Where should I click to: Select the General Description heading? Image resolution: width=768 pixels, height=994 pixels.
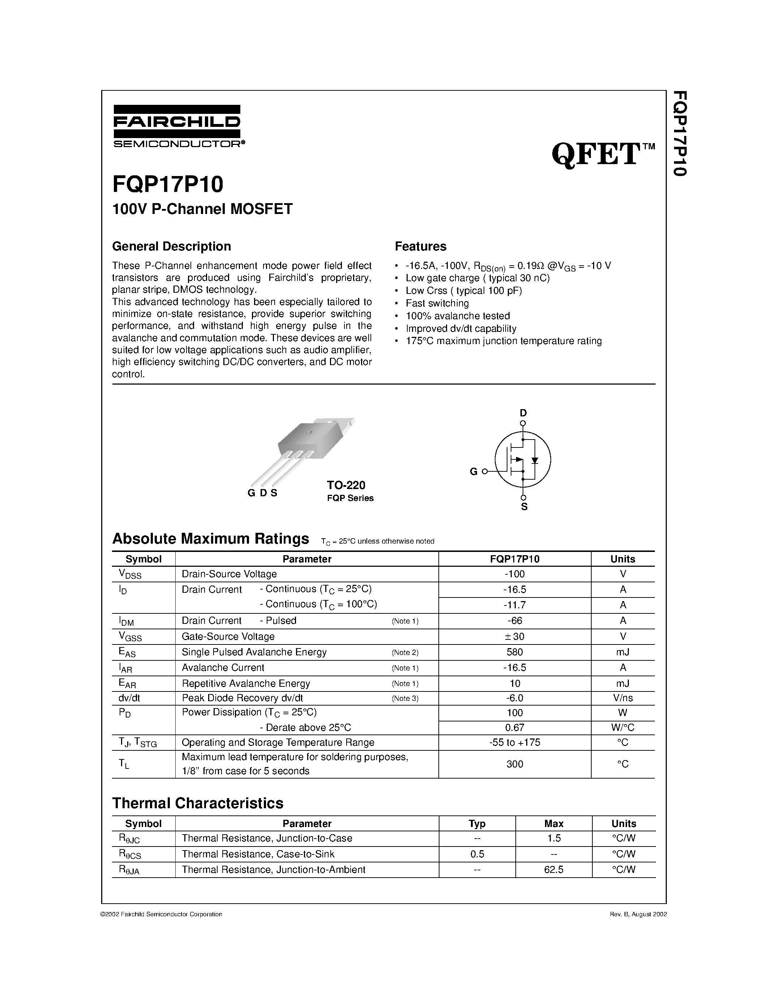click(172, 246)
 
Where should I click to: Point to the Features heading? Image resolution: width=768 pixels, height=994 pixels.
click(420, 246)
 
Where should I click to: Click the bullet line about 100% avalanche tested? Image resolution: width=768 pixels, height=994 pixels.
click(457, 316)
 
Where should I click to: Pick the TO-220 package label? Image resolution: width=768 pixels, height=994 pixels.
click(346, 485)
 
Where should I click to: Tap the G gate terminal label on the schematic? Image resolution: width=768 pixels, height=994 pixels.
click(473, 472)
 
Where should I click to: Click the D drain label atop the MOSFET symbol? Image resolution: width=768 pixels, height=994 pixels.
click(523, 413)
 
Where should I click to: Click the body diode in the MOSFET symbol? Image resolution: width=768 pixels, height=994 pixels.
click(535, 460)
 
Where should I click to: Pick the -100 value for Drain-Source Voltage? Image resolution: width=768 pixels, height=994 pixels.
click(514, 574)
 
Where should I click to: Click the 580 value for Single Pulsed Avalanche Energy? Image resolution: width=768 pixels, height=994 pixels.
click(514, 652)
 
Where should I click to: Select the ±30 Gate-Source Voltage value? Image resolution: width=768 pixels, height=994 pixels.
click(514, 636)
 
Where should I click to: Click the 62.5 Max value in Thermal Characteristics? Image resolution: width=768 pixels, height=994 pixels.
click(553, 870)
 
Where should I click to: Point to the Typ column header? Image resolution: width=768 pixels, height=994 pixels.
click(477, 823)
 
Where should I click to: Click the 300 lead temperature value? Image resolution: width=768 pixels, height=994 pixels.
click(514, 764)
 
